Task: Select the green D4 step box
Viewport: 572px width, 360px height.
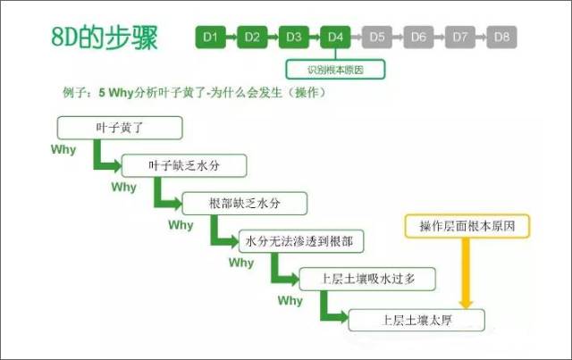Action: pyautogui.click(x=334, y=37)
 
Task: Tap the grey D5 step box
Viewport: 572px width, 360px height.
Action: pyautogui.click(x=376, y=37)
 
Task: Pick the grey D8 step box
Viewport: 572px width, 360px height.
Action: pyautogui.click(x=501, y=37)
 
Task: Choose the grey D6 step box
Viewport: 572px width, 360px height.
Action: pyautogui.click(x=418, y=37)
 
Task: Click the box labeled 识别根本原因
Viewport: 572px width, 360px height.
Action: pyautogui.click(x=335, y=68)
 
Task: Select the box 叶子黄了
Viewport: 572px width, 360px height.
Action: pyautogui.click(x=120, y=128)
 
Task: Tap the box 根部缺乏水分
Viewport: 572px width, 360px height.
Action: pyautogui.click(x=244, y=204)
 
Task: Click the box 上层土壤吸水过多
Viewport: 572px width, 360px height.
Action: pyautogui.click(x=368, y=279)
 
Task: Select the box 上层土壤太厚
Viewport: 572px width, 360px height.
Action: pyautogui.click(x=416, y=319)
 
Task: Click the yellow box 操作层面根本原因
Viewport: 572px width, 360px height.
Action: pyautogui.click(x=467, y=227)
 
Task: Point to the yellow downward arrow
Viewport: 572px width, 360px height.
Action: pyautogui.click(x=466, y=272)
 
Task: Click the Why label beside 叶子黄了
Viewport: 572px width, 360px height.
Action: pyautogui.click(x=64, y=150)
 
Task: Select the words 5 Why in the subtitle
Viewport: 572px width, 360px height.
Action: pyautogui.click(x=115, y=93)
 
